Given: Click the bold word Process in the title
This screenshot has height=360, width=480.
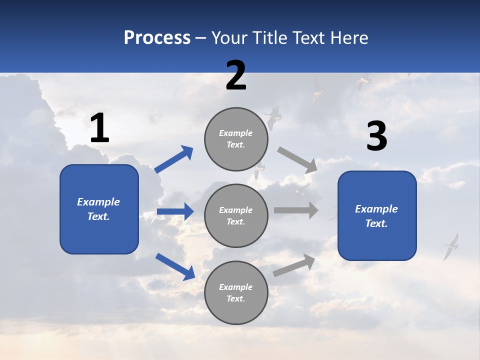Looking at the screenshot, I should click(x=157, y=38).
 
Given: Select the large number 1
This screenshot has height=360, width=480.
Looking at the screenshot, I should click(x=99, y=128).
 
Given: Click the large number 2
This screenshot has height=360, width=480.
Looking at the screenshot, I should click(x=236, y=75).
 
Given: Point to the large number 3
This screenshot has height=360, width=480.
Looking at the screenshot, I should click(x=376, y=136).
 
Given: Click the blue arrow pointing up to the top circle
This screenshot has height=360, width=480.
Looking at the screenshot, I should click(x=174, y=159).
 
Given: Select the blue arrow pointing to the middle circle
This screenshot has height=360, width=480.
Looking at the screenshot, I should click(x=175, y=211).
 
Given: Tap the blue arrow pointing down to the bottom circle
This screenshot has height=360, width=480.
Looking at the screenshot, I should click(x=175, y=266).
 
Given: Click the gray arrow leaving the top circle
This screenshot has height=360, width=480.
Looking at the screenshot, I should click(x=297, y=160).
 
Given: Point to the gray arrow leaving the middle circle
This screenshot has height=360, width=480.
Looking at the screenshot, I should click(x=296, y=210).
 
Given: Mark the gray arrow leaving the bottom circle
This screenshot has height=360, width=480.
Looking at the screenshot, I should click(x=294, y=265).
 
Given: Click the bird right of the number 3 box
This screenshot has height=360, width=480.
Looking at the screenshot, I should click(x=451, y=246).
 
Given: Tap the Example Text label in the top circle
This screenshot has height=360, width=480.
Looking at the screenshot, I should click(x=236, y=139).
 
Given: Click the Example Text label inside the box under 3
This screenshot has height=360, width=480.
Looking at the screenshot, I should click(x=376, y=216).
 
